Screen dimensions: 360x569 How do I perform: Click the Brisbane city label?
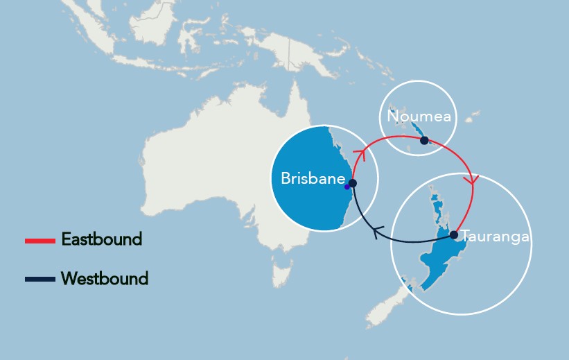point(313,179)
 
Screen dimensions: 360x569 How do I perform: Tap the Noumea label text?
point(419,117)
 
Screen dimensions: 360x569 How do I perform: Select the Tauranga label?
point(495,237)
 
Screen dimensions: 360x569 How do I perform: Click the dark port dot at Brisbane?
point(352,183)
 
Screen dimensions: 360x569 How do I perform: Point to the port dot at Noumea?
point(424,140)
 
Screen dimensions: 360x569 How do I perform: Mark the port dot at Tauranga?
point(454,235)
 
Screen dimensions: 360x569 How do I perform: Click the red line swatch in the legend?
point(40,241)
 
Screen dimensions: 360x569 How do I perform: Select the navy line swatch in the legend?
point(40,280)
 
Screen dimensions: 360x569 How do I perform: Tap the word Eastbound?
point(101,239)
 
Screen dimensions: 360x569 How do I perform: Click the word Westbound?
point(105,279)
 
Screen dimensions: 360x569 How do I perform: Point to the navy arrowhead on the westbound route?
point(378,233)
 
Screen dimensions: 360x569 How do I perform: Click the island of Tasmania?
point(280,271)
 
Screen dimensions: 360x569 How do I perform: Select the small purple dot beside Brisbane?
point(347,187)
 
